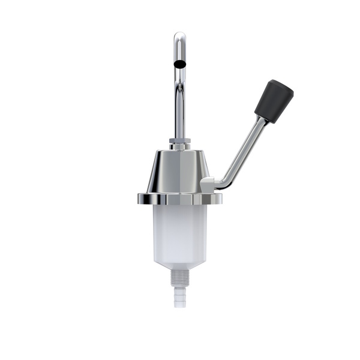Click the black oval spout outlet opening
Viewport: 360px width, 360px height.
pyautogui.click(x=179, y=62)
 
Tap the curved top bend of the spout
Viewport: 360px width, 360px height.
pyautogui.click(x=179, y=37)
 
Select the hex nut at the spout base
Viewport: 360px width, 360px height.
pyautogui.click(x=179, y=145)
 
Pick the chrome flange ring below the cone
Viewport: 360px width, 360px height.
pyautogui.click(x=179, y=199)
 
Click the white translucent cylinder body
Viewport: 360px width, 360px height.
pyautogui.click(x=179, y=231)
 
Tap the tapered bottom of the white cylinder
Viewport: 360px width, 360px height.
pyautogui.click(x=179, y=265)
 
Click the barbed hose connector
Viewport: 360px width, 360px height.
pyautogui.click(x=179, y=295)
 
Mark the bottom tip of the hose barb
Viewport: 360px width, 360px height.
pyautogui.click(x=179, y=305)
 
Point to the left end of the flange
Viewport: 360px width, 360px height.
pyautogui.click(x=139, y=199)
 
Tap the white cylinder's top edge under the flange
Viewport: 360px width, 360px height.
pyautogui.click(x=179, y=207)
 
